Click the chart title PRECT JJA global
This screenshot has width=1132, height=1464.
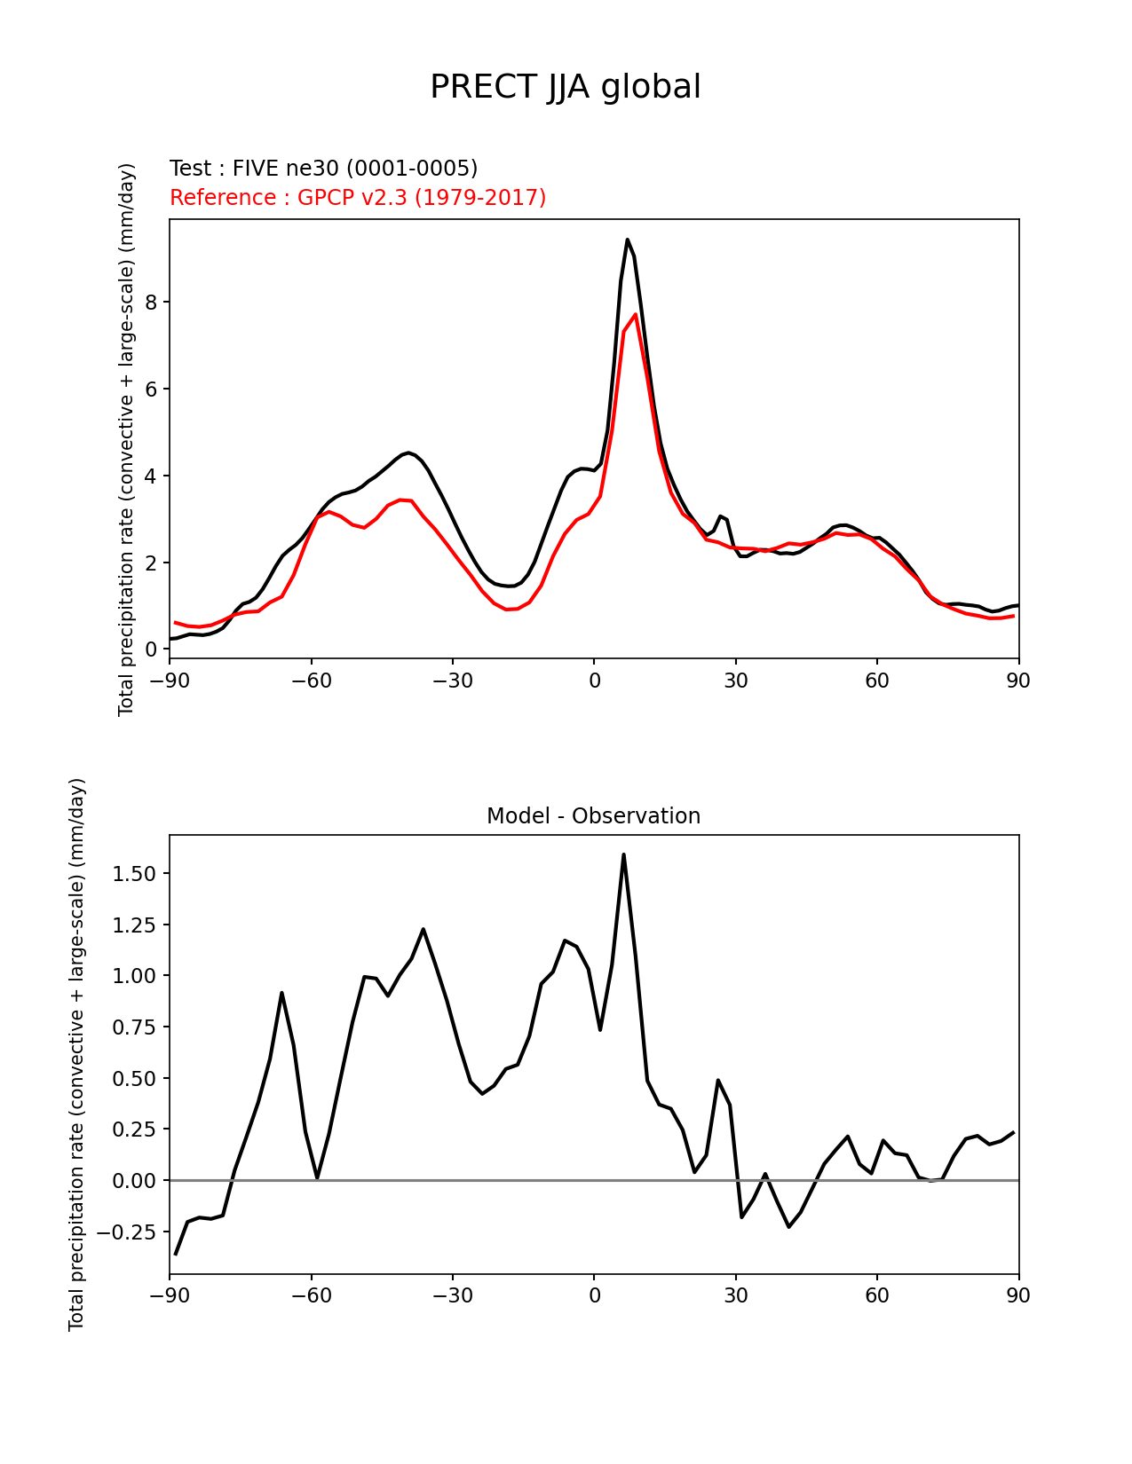click(x=566, y=87)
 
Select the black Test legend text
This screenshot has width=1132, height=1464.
click(x=323, y=169)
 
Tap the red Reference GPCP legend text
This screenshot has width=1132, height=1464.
click(x=358, y=198)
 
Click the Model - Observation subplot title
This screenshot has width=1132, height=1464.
click(x=593, y=816)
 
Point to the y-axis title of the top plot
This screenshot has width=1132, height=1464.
click(x=127, y=439)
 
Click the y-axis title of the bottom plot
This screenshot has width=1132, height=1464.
click(x=77, y=1054)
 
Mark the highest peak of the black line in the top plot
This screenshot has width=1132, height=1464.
click(x=627, y=240)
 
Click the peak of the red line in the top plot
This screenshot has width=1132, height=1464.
click(x=636, y=314)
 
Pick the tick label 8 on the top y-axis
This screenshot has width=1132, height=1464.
click(x=151, y=303)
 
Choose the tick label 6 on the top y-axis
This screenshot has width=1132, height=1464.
click(x=151, y=390)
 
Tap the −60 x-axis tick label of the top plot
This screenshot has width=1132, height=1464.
click(x=311, y=681)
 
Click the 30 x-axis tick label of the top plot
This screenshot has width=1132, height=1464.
click(x=735, y=681)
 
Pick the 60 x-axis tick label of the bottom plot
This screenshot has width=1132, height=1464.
click(x=876, y=1296)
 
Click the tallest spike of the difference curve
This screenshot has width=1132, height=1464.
click(x=623, y=854)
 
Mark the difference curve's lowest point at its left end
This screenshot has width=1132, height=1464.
click(x=176, y=1254)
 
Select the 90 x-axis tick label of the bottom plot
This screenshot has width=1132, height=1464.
click(x=1018, y=1296)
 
